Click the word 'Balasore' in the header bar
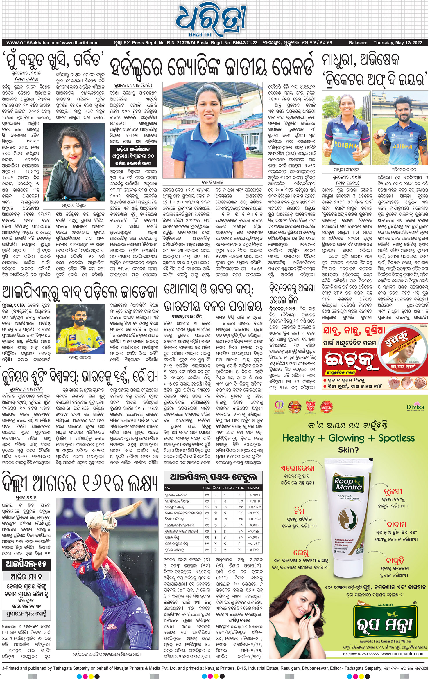tap(358, 43)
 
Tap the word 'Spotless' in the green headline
tap(396, 438)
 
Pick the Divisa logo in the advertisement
tap(415, 408)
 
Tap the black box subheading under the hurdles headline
tap(133, 156)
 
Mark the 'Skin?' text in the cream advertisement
tap(348, 450)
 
